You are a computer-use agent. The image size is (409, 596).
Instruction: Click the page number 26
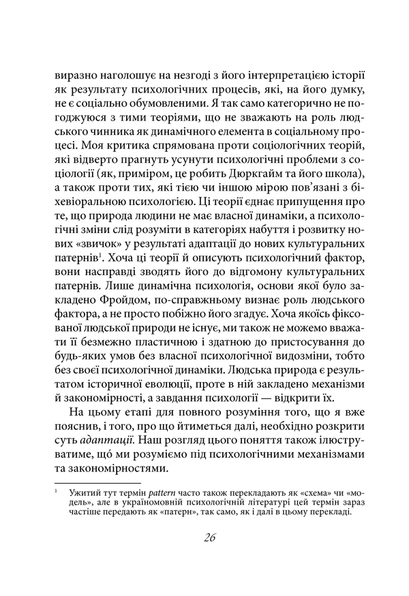point(209,537)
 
